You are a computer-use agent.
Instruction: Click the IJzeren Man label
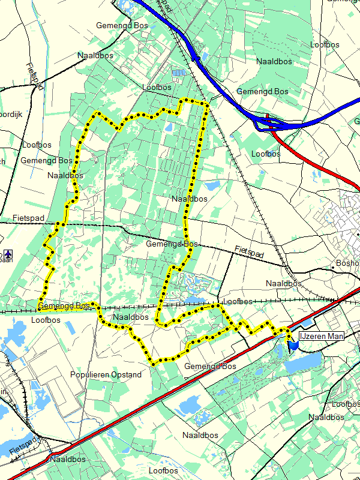[322, 337]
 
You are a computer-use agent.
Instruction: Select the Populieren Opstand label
[106, 375]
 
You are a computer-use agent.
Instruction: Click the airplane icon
[8, 253]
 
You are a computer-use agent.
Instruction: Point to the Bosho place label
[347, 263]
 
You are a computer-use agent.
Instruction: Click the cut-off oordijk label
[11, 113]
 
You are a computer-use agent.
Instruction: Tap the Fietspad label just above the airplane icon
[28, 218]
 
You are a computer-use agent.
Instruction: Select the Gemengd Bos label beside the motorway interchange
[262, 92]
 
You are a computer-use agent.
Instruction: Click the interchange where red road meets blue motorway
[269, 125]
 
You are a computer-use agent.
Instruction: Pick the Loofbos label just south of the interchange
[266, 154]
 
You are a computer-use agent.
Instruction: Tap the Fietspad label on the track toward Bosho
[249, 253]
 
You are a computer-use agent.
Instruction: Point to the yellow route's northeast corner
[206, 104]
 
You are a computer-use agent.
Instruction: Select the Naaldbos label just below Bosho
[283, 283]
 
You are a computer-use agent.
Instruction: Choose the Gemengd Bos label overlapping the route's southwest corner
[64, 307]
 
